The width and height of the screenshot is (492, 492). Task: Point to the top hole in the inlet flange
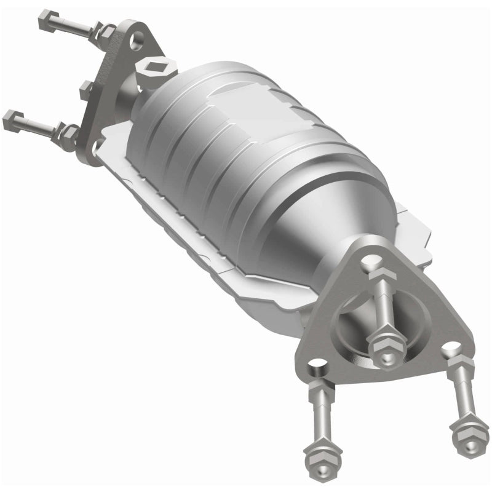[x=137, y=38]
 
